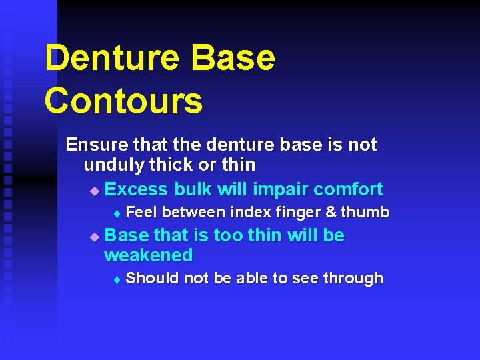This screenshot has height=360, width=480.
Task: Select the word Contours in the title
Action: [123, 101]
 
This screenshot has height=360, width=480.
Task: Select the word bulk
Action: [193, 189]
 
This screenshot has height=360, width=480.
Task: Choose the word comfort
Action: [348, 189]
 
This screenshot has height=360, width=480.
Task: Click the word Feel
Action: [141, 213]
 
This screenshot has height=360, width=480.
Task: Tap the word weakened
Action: [149, 255]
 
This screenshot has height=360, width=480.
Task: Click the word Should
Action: [153, 278]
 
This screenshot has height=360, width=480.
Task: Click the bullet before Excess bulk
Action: [94, 191]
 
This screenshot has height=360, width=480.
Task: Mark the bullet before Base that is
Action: [94, 237]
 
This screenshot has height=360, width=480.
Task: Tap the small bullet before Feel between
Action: [117, 214]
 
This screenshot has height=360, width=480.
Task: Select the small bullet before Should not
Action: [117, 279]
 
